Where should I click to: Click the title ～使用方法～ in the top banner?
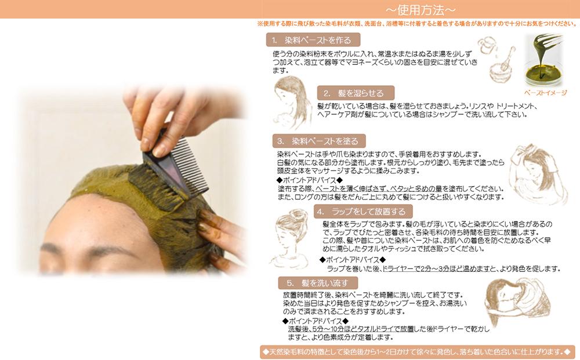(420, 10)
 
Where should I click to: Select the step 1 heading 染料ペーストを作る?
(313, 41)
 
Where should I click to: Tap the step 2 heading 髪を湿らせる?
(356, 93)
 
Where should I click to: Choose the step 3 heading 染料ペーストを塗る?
(319, 141)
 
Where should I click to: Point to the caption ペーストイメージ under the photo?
(545, 93)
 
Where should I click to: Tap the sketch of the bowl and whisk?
(496, 58)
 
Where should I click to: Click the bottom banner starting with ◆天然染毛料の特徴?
(418, 352)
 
